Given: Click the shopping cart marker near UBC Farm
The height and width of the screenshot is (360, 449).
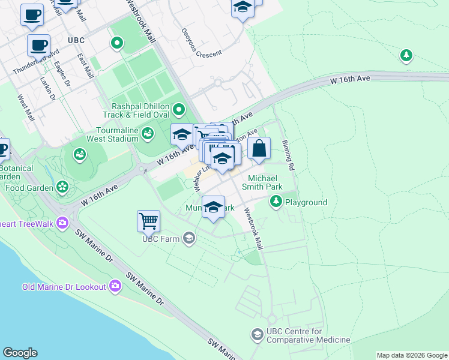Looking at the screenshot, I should coord(148,220).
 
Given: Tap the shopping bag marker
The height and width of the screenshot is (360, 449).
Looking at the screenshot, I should coord(259,148).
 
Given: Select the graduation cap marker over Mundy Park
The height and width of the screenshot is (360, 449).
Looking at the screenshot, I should coord(213,207).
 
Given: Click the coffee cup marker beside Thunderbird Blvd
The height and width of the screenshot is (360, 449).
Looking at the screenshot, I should coord(39,44).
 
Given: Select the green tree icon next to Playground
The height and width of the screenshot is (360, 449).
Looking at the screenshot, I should coord(276,201).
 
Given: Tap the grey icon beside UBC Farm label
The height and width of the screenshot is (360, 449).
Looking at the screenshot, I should coord(189,239).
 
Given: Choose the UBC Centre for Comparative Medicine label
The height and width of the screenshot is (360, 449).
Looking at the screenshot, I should coord(308,335).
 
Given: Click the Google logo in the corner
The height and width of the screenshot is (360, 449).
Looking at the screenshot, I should coord(20,353).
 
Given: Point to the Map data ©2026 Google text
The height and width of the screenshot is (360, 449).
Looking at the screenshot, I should coord(411,355).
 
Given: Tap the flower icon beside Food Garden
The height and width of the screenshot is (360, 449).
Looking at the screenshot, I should coord(62,187).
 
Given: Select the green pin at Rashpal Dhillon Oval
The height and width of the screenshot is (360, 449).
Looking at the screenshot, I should coord(179,109).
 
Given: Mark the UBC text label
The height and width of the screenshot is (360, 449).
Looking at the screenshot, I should coord(76,40).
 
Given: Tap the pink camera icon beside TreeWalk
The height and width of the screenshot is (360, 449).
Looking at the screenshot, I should coord(64,223).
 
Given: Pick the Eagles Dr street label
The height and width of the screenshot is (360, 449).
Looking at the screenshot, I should coord(62,73).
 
